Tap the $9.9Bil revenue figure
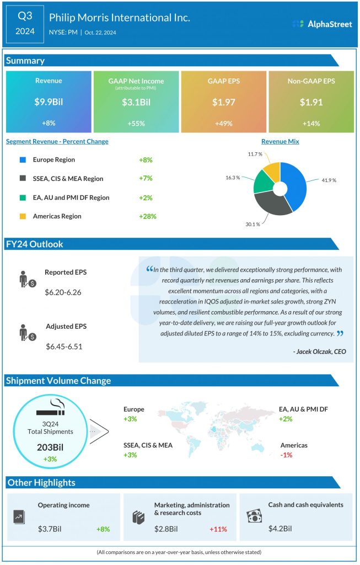pos(49,102)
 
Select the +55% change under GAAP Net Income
pos(136,123)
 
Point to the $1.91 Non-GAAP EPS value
pos(311,102)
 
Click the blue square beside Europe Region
pos(23,160)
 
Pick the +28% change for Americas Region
pos(148,216)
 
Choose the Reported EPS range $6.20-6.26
pos(63,292)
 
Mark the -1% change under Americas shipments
pos(286,455)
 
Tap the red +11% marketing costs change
pos(218,529)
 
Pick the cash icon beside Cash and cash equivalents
pos(254,515)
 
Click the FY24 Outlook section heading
pos(35,244)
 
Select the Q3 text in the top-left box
pos(25,17)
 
